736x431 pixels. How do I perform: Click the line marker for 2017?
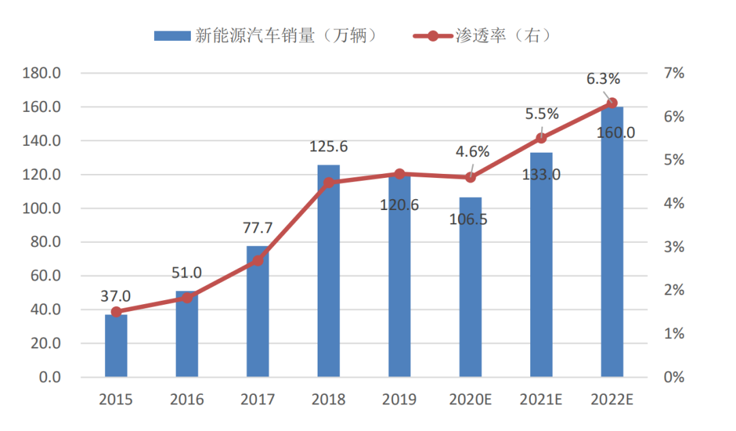click(x=258, y=261)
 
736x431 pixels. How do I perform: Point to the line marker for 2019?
click(x=400, y=174)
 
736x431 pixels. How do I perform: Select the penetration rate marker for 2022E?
click(x=612, y=103)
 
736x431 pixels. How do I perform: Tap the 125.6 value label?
click(x=328, y=146)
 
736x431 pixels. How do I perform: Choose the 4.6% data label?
click(x=472, y=152)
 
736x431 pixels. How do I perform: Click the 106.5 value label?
click(x=470, y=220)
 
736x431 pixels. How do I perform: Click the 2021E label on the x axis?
click(x=541, y=400)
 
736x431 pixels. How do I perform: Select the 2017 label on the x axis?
click(x=258, y=400)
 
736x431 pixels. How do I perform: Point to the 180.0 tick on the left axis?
click(x=42, y=73)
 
